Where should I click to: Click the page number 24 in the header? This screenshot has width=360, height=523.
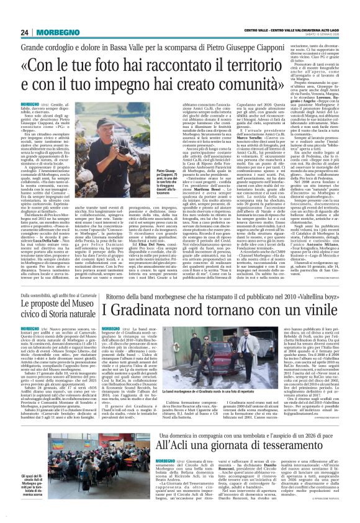(24, 32)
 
